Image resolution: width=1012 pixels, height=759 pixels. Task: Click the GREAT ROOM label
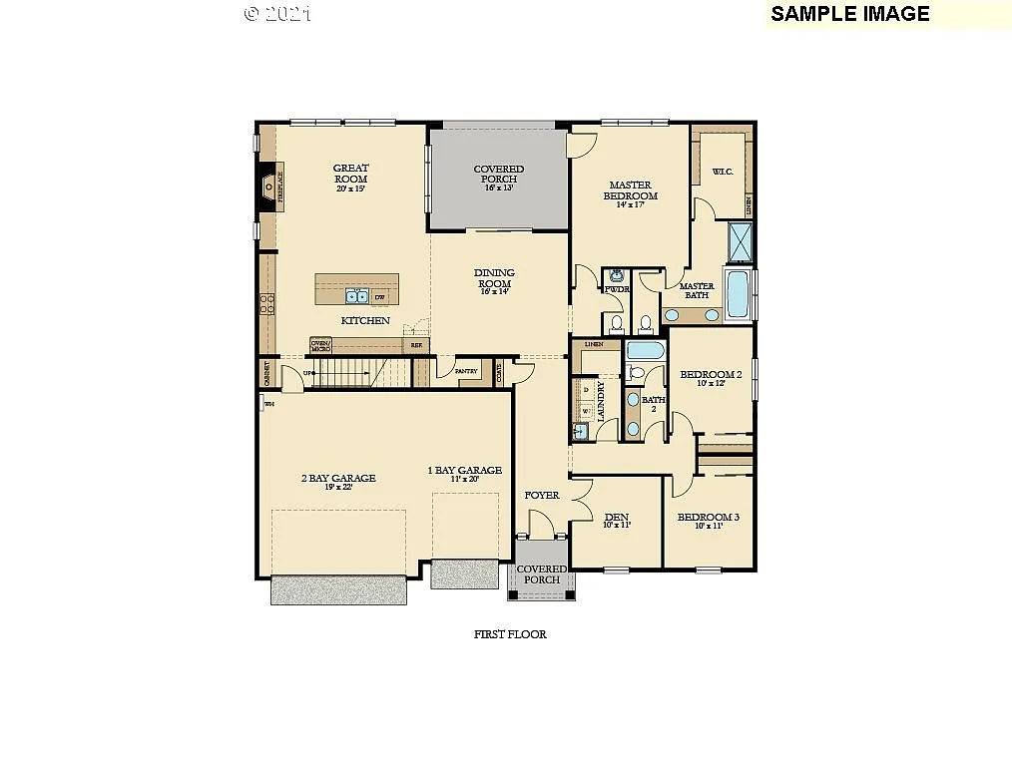(350, 175)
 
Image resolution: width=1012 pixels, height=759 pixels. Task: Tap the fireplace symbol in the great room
(268, 187)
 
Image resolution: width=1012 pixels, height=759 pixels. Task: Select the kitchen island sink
(356, 296)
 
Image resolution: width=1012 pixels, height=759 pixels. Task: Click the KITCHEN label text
(364, 321)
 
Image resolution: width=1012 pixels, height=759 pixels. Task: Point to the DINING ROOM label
(495, 278)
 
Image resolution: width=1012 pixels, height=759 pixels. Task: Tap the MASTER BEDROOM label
(630, 190)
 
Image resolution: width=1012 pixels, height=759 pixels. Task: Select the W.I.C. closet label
(723, 172)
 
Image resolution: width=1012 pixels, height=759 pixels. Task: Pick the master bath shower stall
(741, 241)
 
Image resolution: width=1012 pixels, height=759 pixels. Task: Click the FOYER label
(542, 496)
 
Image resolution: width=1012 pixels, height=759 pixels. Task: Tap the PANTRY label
(466, 371)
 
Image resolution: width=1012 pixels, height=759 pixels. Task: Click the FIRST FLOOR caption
(509, 634)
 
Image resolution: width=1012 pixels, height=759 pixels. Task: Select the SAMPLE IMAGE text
(849, 13)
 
